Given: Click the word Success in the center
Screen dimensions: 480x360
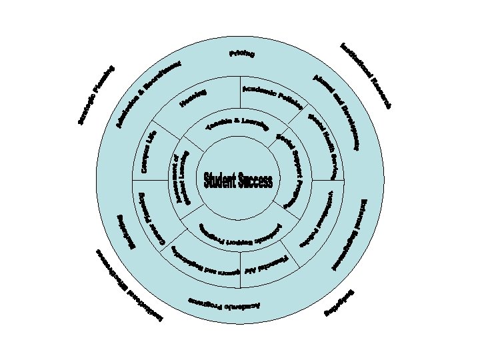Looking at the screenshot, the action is (x=257, y=180).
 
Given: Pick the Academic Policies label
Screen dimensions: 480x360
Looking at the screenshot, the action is (x=273, y=97).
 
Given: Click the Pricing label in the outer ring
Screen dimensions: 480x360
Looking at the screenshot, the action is (x=242, y=53).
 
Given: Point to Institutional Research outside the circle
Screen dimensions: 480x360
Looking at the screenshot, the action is (x=365, y=75).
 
